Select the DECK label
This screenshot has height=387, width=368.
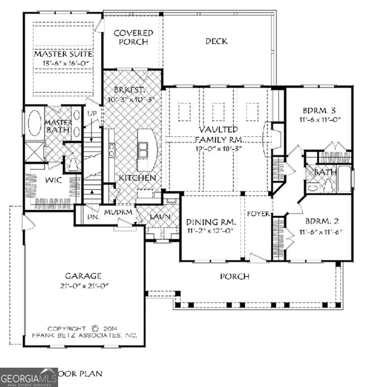pyautogui.click(x=216, y=41)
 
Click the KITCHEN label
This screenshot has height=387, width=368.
pyautogui.click(x=137, y=178)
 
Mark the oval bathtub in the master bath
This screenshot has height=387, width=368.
pyautogui.click(x=34, y=123)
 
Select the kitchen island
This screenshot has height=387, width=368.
pyautogui.click(x=147, y=148)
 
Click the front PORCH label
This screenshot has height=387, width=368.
pyautogui.click(x=234, y=276)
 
